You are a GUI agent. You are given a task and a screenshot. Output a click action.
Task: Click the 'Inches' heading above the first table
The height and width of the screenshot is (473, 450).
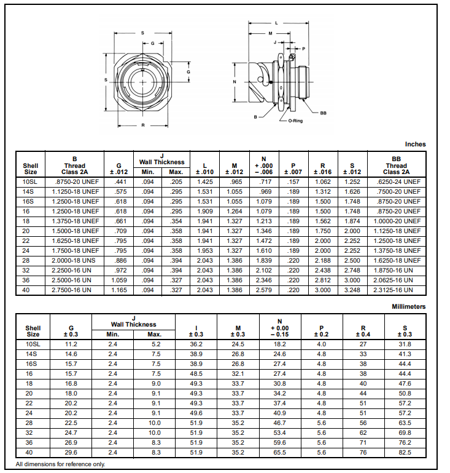tap(415, 144)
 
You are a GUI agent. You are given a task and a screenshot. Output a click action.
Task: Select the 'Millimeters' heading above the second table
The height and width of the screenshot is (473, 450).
tap(408, 306)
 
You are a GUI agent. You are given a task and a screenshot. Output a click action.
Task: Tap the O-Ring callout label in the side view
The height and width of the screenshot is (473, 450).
tap(295, 121)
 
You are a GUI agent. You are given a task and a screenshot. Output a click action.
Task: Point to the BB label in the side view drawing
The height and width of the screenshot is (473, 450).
tap(323, 113)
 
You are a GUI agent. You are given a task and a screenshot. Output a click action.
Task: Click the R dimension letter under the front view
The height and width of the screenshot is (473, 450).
tap(142, 125)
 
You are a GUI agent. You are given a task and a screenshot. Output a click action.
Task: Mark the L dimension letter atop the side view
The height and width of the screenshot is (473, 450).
tap(276, 23)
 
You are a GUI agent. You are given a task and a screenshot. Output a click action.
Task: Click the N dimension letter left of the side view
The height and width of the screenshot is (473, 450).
tap(235, 81)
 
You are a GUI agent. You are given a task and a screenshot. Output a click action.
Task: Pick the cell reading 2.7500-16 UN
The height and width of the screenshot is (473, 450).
tap(75, 289)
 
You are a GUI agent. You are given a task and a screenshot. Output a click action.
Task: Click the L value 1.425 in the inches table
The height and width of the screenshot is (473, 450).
tap(204, 182)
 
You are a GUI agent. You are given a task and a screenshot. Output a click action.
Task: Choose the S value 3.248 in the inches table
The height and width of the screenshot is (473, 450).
tap(352, 289)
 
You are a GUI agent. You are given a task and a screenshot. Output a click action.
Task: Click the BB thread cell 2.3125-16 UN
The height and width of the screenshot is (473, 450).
tap(396, 289)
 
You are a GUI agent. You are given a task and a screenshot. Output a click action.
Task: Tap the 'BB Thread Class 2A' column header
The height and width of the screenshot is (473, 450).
tap(396, 165)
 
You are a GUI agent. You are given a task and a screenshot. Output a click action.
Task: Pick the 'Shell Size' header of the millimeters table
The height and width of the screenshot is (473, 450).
tap(33, 331)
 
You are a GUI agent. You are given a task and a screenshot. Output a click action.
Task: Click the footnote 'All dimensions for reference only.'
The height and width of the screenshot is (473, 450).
tap(60, 464)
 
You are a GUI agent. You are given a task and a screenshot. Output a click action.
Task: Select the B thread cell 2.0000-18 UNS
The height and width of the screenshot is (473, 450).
tap(75, 260)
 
